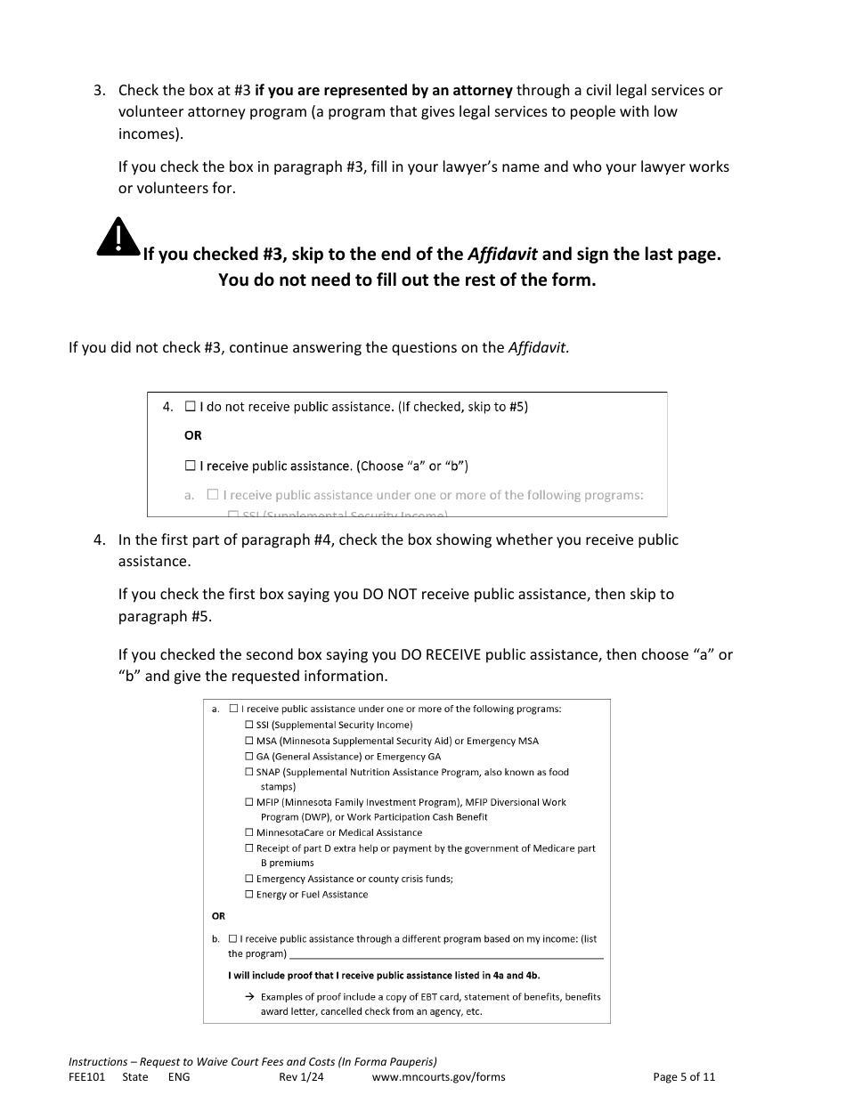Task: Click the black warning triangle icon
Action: tap(118, 237)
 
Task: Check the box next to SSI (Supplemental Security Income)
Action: tap(249, 726)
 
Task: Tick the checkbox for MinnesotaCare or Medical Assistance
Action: tap(249, 833)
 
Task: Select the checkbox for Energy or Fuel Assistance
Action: tap(249, 895)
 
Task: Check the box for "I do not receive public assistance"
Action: tap(190, 407)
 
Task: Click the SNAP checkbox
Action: tap(249, 773)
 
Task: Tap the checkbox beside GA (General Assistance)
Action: tap(249, 757)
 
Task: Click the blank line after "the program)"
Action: tap(445, 953)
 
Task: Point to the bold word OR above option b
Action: tap(218, 916)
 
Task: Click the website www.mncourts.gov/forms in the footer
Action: tap(438, 1077)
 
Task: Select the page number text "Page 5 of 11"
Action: tap(684, 1077)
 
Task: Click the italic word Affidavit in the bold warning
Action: tap(502, 255)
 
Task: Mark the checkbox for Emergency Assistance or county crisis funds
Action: tap(249, 880)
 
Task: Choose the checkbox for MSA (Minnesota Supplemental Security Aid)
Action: tap(249, 742)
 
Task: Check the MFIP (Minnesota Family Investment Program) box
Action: tap(249, 803)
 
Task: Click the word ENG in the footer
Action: tap(179, 1077)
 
